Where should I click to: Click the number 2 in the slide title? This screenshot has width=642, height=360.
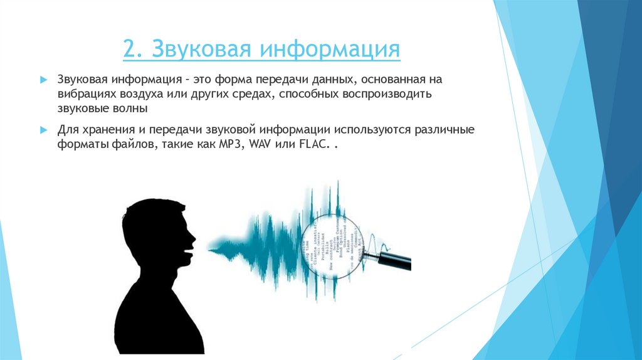(130, 50)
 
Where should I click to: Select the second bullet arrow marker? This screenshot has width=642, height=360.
(43, 130)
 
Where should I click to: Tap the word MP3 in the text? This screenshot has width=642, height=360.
(231, 144)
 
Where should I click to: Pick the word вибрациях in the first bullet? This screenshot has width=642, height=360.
(83, 94)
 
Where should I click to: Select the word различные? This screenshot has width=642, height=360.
(443, 130)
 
